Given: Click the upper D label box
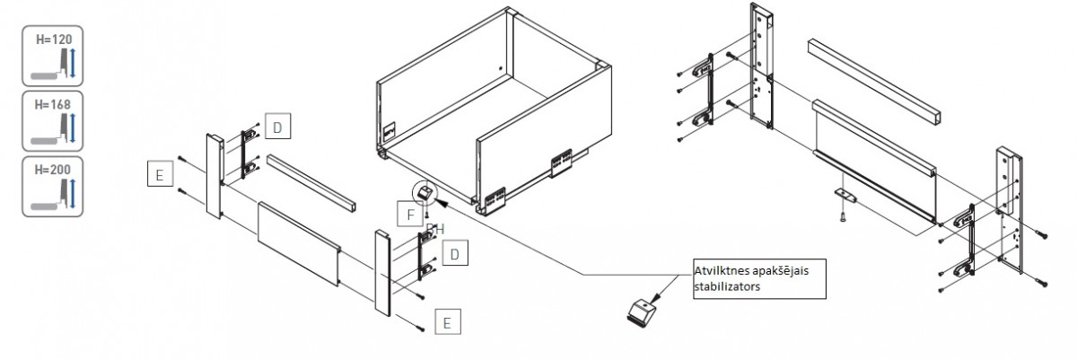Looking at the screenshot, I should pyautogui.click(x=277, y=128).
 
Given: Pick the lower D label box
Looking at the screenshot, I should pyautogui.click(x=456, y=254).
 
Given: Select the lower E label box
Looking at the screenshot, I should pyautogui.click(x=448, y=320).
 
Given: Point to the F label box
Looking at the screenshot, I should pyautogui.click(x=408, y=215).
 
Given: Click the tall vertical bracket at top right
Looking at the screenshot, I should pyautogui.click(x=760, y=67).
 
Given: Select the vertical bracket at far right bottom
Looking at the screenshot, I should pyautogui.click(x=1009, y=211).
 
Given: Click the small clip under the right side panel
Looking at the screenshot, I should pyautogui.click(x=845, y=195).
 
